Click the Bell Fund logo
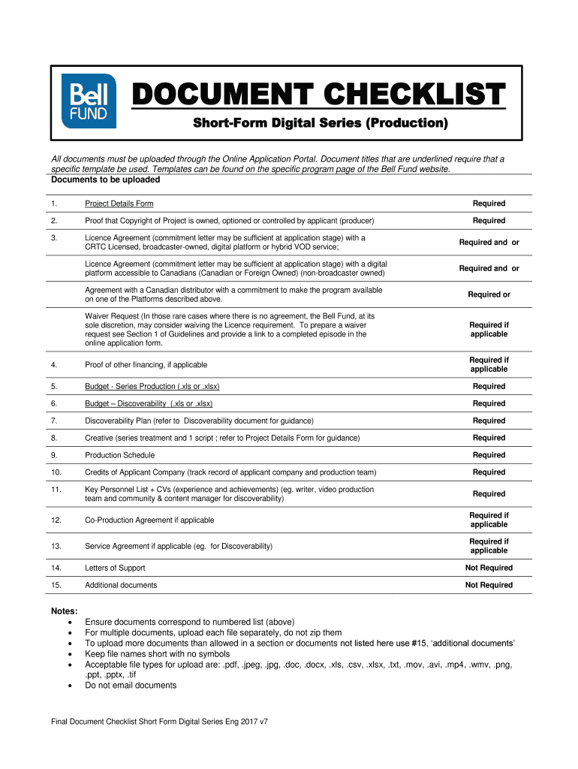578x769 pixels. [89, 103]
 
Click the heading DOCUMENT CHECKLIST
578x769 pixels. [318, 96]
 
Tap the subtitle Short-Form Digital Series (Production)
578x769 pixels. [318, 123]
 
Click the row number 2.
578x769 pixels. [54, 221]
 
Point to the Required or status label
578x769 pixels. [489, 294]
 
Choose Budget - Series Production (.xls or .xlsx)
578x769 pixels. [152, 386]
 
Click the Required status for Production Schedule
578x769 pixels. [489, 455]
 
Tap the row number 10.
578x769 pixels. [56, 472]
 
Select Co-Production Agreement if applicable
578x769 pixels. [149, 520]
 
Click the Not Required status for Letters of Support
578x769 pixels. [489, 568]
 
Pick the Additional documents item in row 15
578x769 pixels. [121, 585]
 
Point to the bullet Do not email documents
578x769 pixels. [131, 686]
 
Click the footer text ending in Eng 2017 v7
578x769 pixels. [159, 722]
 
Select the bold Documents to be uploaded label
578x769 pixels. [105, 180]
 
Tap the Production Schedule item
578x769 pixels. [119, 455]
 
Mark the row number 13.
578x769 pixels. [56, 546]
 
